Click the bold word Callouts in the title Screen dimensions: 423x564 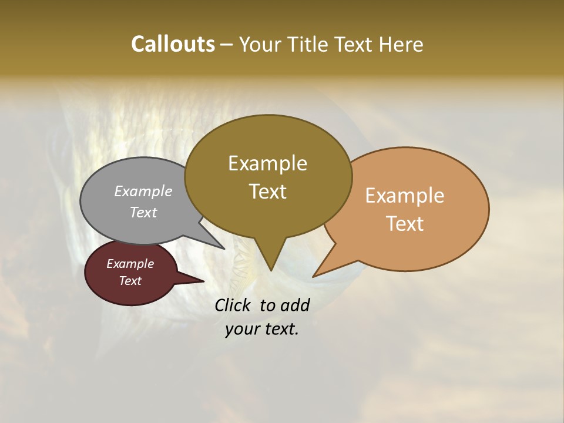point(173,44)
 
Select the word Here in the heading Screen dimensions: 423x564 point(401,44)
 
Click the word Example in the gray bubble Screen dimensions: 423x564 point(143,191)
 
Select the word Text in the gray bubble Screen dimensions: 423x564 point(143,212)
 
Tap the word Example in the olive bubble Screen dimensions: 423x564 point(267,163)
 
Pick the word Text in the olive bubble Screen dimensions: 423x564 point(268,191)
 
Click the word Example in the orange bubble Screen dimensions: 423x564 point(405,196)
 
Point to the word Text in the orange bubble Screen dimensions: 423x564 point(405,223)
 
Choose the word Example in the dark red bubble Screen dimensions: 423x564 point(130,264)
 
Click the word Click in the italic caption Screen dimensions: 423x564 point(233,305)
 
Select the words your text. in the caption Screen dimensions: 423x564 point(262,330)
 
